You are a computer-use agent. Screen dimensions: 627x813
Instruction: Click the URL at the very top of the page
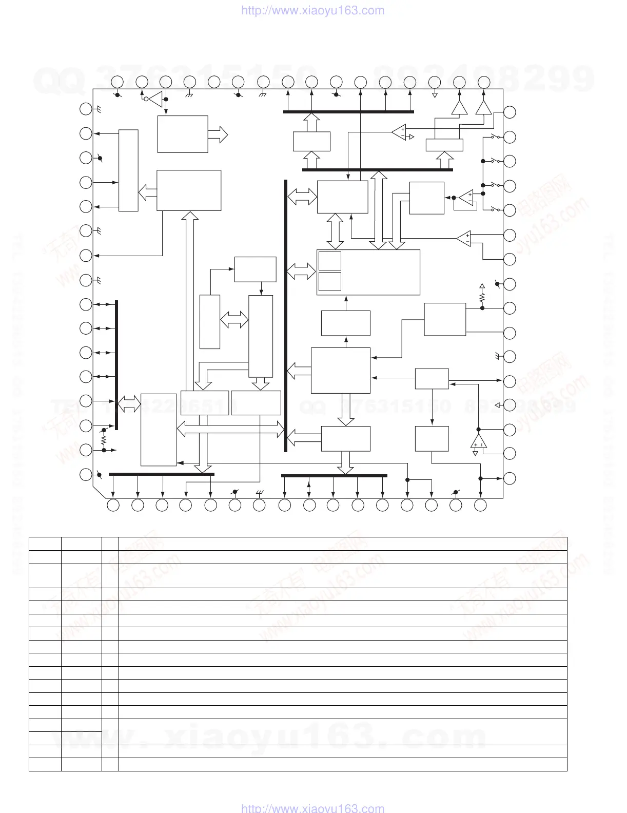click(312, 11)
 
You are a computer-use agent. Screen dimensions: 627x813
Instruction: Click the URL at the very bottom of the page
click(312, 808)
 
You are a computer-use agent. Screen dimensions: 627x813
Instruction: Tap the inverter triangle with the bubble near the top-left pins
click(155, 99)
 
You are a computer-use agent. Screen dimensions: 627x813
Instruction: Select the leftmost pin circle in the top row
click(117, 81)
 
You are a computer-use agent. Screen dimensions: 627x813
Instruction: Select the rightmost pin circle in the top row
click(484, 81)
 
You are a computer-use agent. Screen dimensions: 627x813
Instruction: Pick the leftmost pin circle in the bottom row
click(113, 505)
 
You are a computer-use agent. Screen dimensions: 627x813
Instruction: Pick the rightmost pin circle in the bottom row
click(480, 505)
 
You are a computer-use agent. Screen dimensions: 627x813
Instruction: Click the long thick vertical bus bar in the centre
click(286, 316)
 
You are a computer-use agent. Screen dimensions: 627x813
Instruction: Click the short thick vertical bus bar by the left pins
click(116, 365)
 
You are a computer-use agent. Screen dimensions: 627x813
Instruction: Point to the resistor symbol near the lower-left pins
click(104, 440)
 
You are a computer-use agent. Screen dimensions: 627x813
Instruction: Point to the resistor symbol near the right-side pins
click(482, 297)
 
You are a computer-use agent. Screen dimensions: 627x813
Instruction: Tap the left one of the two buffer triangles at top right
click(459, 107)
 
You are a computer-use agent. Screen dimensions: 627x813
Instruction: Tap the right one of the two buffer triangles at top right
click(483, 107)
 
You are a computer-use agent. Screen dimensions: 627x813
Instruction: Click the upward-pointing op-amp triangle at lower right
click(478, 441)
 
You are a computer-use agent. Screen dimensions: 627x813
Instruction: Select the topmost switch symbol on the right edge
click(495, 137)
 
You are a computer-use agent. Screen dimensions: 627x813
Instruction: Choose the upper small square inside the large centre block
click(329, 261)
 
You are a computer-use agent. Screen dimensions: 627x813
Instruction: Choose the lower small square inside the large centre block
click(329, 281)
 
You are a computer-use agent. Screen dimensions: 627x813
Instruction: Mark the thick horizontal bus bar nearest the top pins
click(348, 111)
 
